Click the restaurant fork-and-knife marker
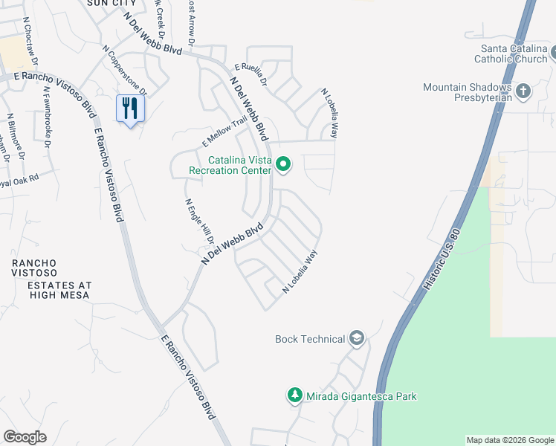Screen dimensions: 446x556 point(131,109)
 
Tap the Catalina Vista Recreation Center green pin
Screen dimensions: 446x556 point(283,164)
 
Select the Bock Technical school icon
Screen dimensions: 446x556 point(357,339)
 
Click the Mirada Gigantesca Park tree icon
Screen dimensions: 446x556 point(295,395)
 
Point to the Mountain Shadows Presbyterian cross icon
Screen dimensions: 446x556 point(523,92)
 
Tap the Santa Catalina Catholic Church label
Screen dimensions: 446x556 point(513,54)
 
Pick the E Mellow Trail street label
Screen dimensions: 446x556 point(224,132)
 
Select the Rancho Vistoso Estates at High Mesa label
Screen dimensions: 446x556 point(50,279)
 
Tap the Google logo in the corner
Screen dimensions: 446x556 point(25,437)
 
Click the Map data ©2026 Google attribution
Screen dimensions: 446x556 point(509,440)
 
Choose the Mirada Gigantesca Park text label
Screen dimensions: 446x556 point(362,396)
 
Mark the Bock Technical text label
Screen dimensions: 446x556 point(310,340)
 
